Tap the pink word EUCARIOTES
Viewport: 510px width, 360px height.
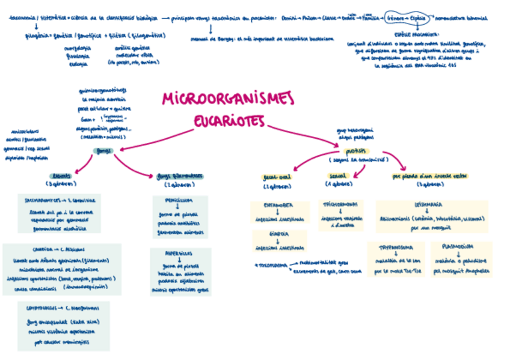(229, 121)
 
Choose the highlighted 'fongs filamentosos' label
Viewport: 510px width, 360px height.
(179, 176)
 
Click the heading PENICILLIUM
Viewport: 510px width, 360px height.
(179, 201)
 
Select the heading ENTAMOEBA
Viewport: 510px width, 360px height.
(278, 206)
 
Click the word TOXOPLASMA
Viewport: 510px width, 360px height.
(272, 264)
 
